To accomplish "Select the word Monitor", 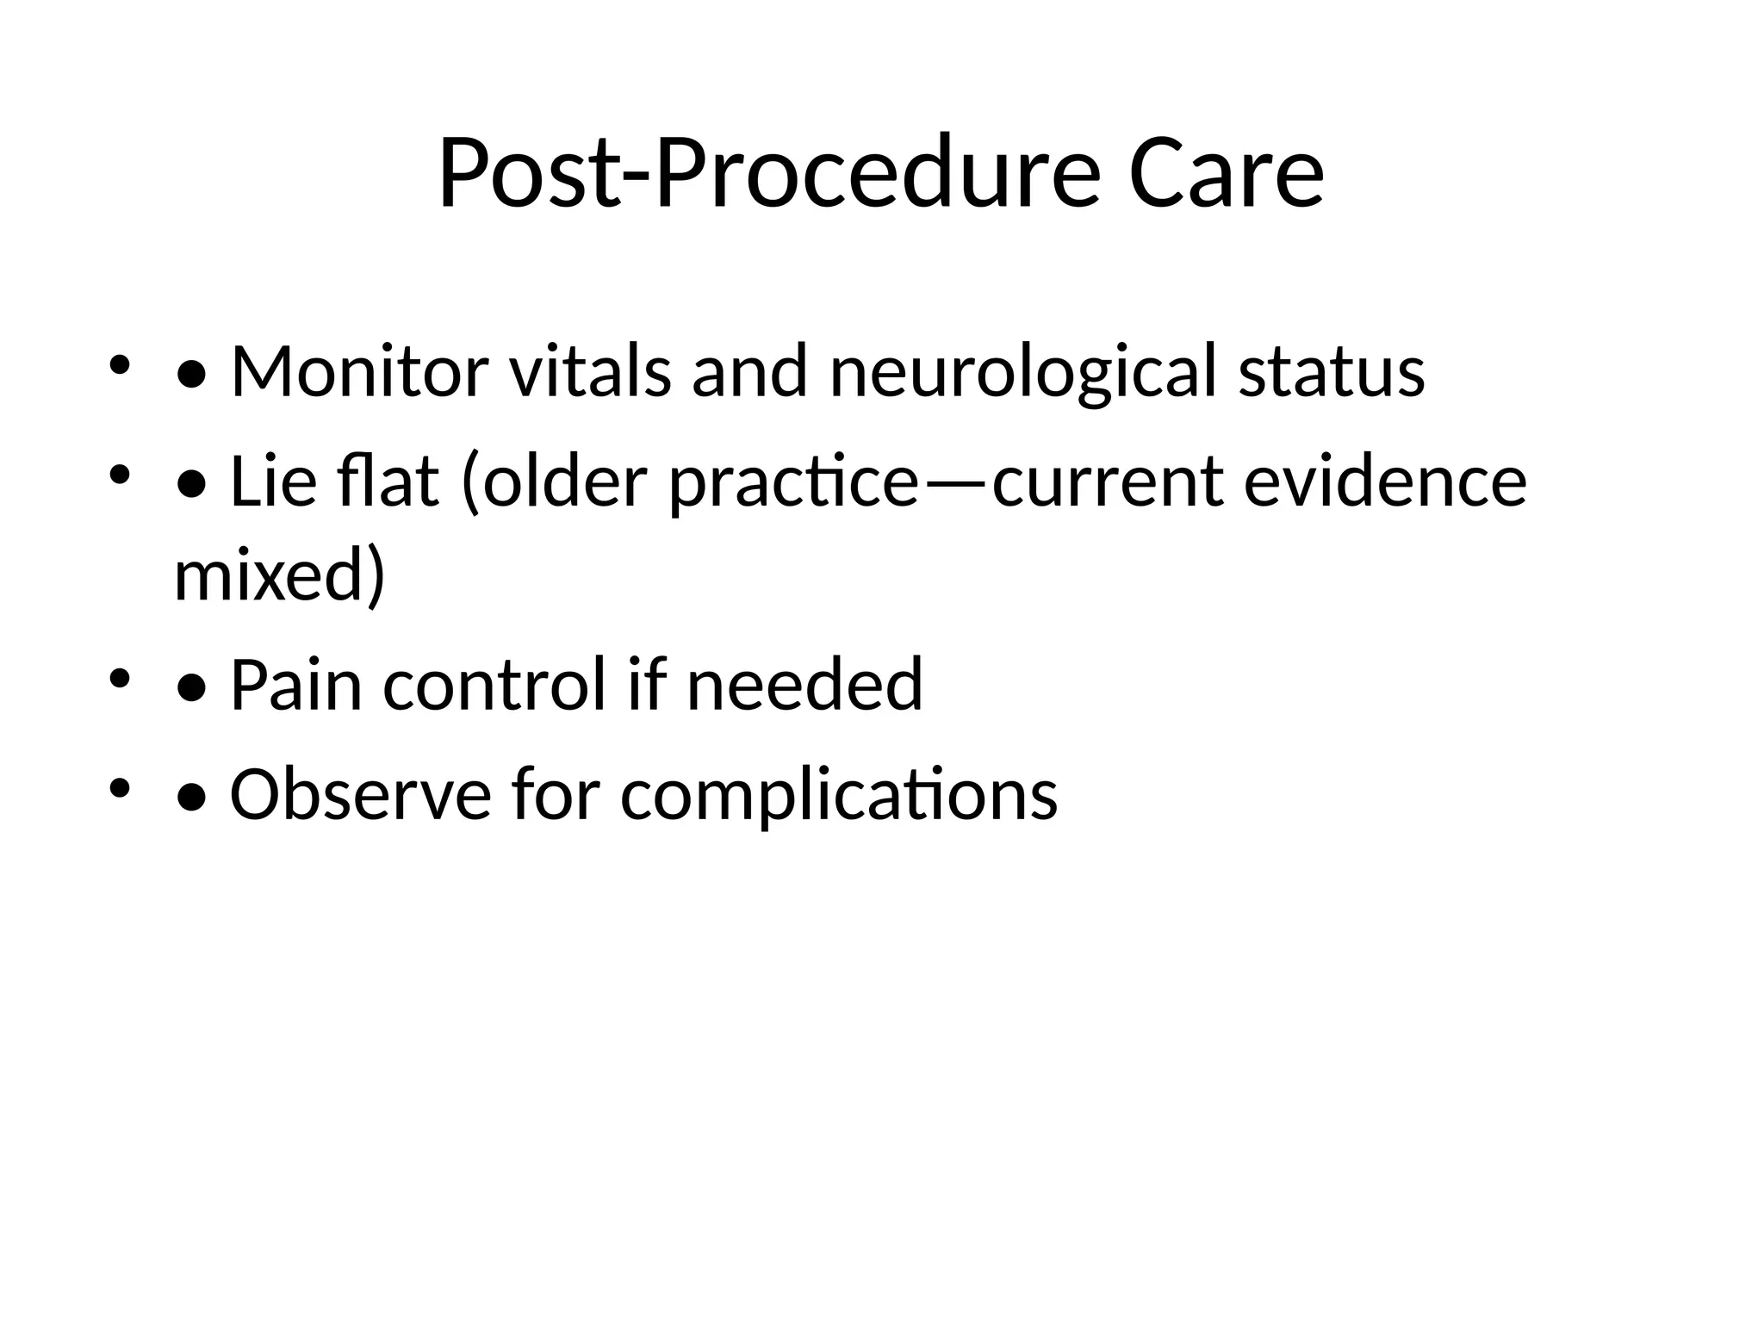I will pos(359,371).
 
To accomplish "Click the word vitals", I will pos(590,371).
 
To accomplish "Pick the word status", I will pos(1332,373).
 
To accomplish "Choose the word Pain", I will pos(296,685).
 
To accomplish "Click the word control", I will pos(494,685).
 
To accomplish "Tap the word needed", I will pos(804,685).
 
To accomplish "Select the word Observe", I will pos(360,794).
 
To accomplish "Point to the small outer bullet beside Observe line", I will pos(119,787).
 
